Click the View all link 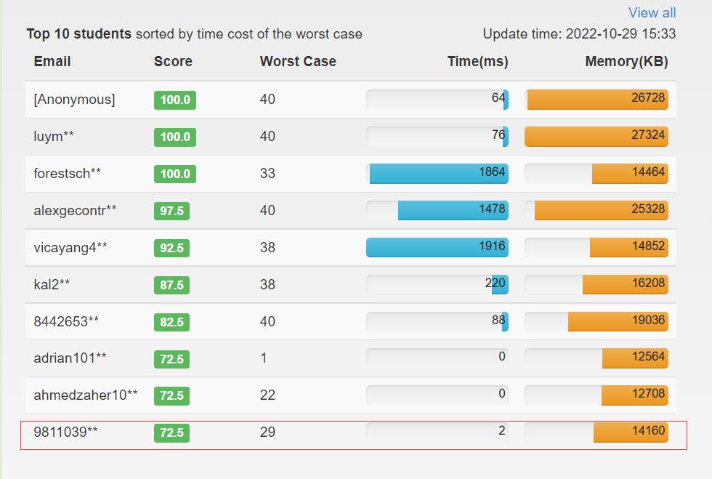pos(652,13)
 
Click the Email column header pos(52,62)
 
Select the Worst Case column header pos(298,62)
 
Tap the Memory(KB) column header pos(626,62)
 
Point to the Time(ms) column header pos(477,62)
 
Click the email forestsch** pos(68,174)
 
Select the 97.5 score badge pos(171,211)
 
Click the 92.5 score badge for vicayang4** pos(171,248)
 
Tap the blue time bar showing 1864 pos(438,174)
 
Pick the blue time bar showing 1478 pos(453,211)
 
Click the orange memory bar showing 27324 pos(596,137)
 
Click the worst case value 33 pos(267,174)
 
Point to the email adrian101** pos(70,358)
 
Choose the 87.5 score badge pos(171,285)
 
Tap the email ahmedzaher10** pos(86,395)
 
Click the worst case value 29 pos(267,432)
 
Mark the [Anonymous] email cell pos(74,100)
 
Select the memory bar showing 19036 pos(618,321)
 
